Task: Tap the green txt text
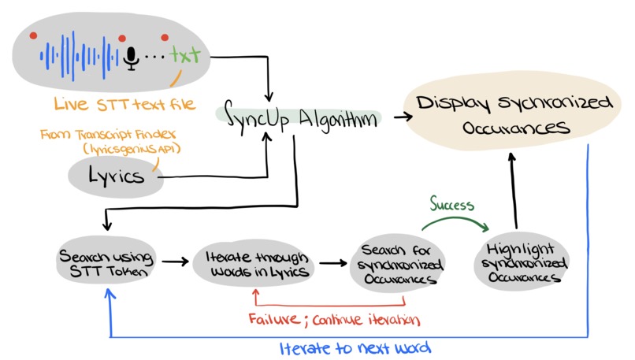click(186, 56)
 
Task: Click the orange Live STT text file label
click(124, 103)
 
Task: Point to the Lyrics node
click(116, 176)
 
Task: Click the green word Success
click(451, 205)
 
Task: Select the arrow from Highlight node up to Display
click(513, 189)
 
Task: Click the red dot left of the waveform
click(33, 35)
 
